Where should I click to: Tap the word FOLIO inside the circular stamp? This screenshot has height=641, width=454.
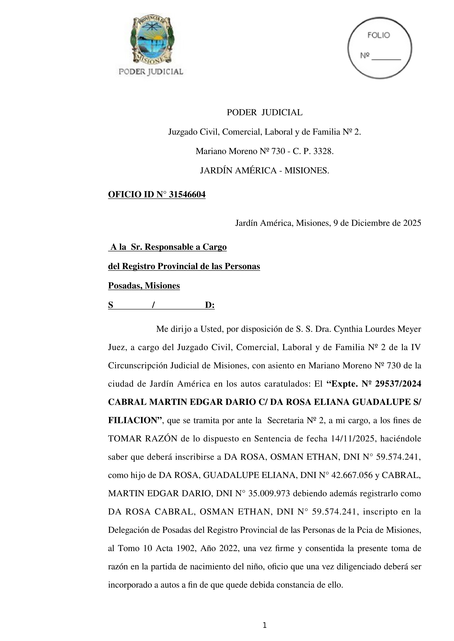click(x=379, y=35)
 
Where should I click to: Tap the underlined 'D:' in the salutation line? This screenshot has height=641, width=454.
click(x=210, y=305)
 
